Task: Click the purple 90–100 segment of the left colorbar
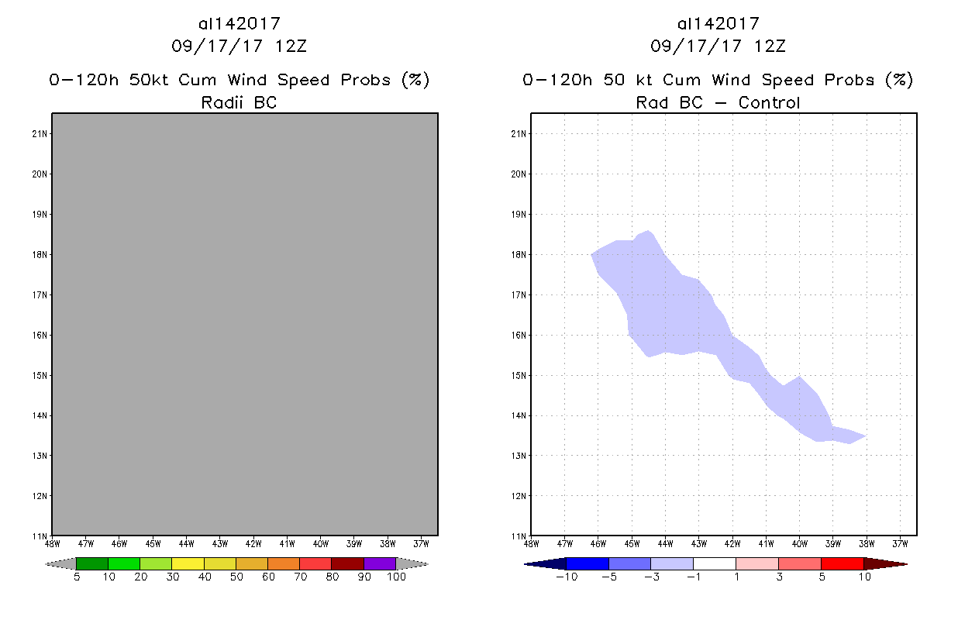click(x=380, y=563)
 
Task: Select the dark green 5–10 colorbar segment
click(x=92, y=563)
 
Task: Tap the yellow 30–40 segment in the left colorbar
click(x=188, y=563)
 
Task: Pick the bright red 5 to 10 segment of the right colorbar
click(x=842, y=563)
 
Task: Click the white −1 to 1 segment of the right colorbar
click(x=714, y=563)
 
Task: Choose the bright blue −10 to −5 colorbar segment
click(x=588, y=563)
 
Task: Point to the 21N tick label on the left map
click(x=40, y=134)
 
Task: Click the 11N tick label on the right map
click(x=519, y=536)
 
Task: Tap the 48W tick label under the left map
click(x=53, y=543)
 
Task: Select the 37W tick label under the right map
click(x=900, y=543)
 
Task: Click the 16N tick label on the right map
click(x=519, y=335)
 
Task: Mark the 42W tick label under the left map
click(x=253, y=543)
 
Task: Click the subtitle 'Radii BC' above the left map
click(x=239, y=102)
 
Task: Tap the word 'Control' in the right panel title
click(x=769, y=102)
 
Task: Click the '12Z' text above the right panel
click(x=770, y=46)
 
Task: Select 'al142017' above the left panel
click(x=239, y=24)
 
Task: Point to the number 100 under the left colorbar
click(x=395, y=577)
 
